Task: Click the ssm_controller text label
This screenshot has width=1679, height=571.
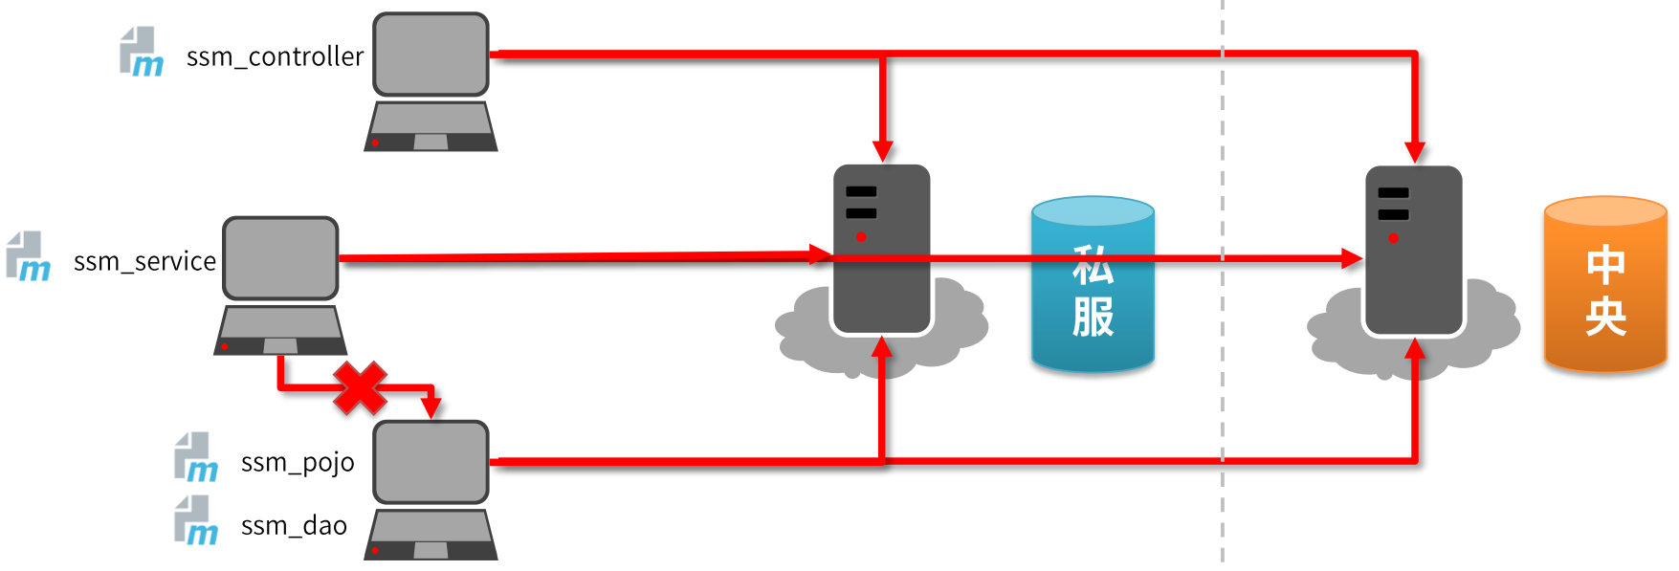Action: coord(275,57)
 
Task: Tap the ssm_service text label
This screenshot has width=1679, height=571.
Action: coord(144,261)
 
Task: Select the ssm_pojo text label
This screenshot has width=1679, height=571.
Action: coord(298,463)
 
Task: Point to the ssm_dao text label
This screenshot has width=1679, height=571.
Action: coord(294,526)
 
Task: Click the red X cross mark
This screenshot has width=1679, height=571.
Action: coord(360,387)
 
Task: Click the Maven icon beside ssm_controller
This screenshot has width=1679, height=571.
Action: coord(141,52)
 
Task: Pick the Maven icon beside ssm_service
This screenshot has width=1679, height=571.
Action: coord(28,256)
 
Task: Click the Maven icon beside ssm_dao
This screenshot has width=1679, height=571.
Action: coord(196,520)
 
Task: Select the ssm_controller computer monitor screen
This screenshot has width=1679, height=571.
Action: coord(431,55)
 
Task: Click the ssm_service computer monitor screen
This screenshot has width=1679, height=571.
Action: coord(280,258)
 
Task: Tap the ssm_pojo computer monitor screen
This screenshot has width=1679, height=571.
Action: coord(431,462)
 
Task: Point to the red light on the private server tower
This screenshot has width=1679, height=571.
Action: coord(861,236)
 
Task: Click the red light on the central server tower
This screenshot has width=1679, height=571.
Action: coord(1393,237)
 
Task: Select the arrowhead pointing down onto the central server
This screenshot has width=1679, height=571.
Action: coord(1415,152)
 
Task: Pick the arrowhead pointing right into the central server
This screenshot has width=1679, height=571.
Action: coord(1351,258)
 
